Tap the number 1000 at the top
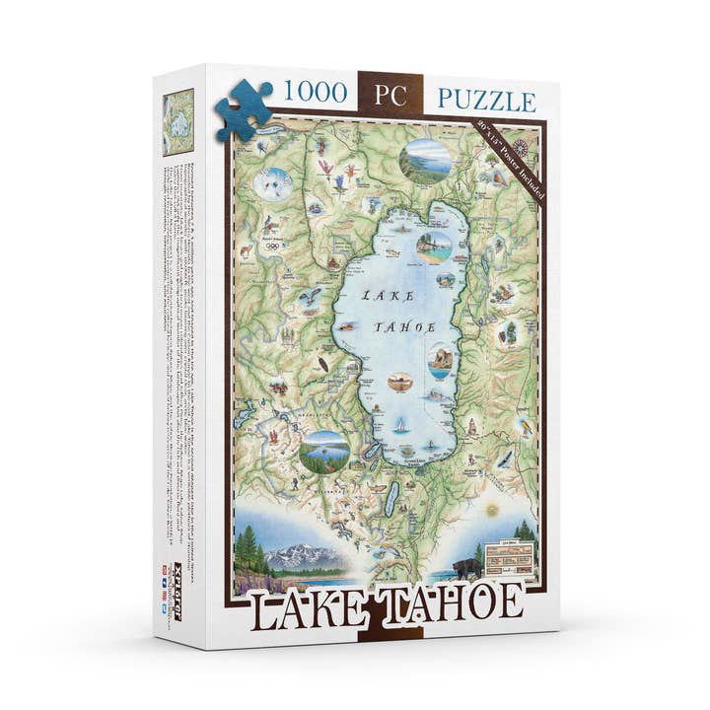(315, 94)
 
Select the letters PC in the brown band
(390, 95)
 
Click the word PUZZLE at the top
(487, 101)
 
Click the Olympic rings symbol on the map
(271, 246)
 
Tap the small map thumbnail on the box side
(178, 122)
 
